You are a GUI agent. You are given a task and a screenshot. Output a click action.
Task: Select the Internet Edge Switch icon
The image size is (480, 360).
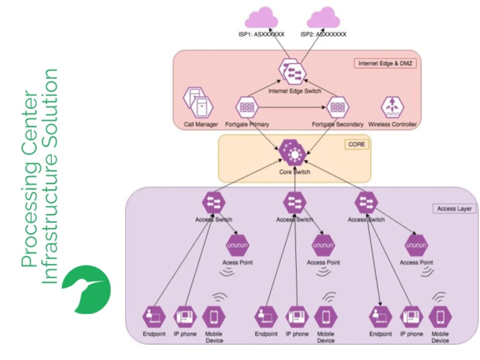(294, 72)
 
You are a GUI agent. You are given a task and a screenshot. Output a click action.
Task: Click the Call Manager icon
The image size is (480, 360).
(198, 103)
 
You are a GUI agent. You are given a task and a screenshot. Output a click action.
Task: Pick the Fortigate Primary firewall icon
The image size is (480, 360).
(247, 108)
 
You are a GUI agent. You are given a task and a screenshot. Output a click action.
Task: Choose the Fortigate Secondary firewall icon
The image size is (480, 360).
(338, 108)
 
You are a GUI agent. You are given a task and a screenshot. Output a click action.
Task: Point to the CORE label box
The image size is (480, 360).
(356, 144)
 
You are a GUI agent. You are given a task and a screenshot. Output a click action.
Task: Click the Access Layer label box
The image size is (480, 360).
(454, 209)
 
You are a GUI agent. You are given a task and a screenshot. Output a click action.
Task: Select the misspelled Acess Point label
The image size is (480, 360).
(237, 263)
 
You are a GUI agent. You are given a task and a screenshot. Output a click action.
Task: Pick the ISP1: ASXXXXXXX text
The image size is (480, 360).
(262, 35)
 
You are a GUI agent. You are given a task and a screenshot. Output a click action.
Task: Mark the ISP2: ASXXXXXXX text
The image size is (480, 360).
(323, 35)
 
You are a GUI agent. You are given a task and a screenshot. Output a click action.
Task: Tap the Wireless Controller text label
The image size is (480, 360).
(392, 124)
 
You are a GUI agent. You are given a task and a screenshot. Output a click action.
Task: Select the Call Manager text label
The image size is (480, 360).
(201, 124)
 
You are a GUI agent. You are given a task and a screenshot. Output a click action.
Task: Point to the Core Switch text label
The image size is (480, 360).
(294, 172)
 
